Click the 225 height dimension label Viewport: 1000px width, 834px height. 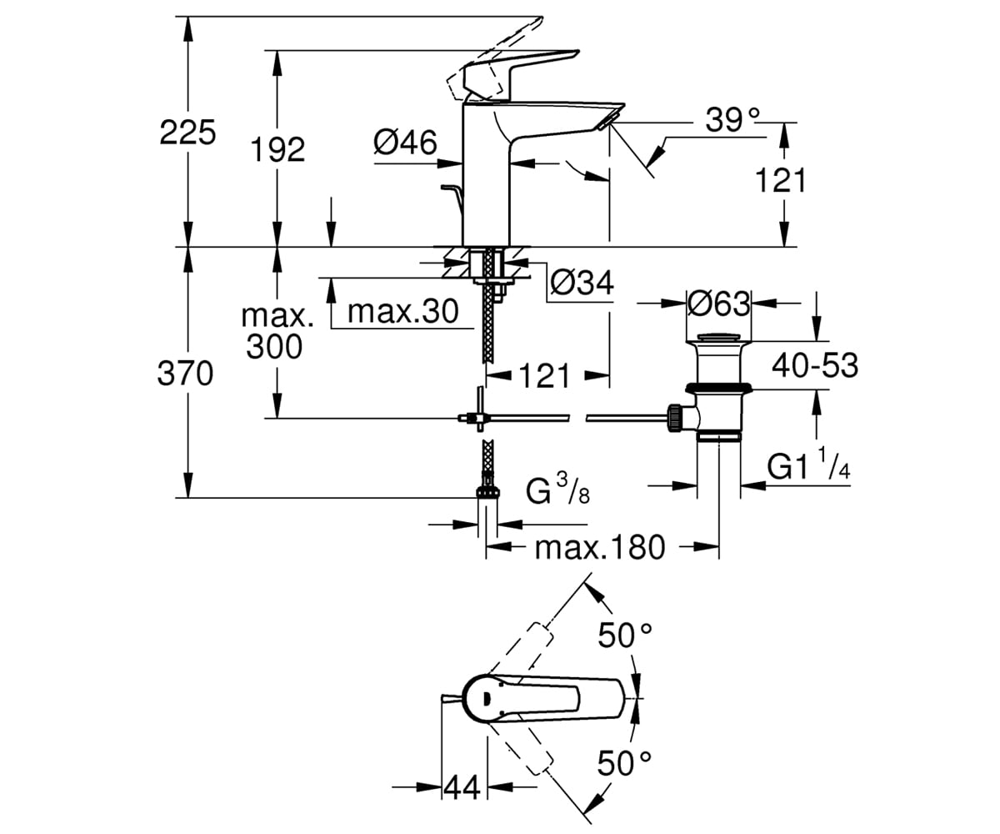[187, 133]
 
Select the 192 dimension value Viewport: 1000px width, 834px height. [277, 149]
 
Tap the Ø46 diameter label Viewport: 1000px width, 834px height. [405, 143]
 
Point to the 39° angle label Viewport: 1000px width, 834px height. [732, 120]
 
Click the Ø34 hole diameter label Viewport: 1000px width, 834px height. [582, 283]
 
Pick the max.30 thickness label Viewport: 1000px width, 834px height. [403, 312]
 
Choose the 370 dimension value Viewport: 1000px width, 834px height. [185, 374]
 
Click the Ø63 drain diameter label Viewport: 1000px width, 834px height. [719, 304]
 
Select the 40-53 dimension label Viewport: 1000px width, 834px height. [815, 366]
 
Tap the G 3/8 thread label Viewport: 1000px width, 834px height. [558, 489]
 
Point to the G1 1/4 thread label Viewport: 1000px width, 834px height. [809, 465]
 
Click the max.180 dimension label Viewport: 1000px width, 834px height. [600, 547]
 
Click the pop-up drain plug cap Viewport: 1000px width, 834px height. [719, 338]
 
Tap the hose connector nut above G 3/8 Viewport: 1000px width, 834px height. [487, 491]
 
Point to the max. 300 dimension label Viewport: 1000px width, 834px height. [277, 331]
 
